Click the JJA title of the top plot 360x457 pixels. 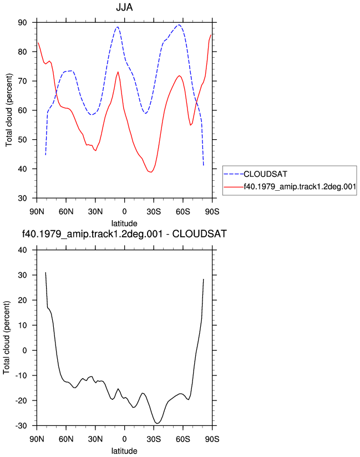tap(124, 7)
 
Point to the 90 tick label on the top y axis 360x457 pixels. tap(22, 22)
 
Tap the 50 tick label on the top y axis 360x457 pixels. tap(22, 140)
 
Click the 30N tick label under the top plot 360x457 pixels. tap(95, 212)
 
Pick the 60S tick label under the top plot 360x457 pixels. tap(182, 212)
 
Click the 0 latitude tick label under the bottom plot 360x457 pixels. tap(124, 439)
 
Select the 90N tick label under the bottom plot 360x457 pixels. tap(37, 439)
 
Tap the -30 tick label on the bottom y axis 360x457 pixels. tap(21, 426)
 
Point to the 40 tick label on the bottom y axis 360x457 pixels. tap(22, 250)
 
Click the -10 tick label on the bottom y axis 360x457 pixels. tap(21, 375)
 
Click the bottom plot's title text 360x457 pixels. tap(124, 234)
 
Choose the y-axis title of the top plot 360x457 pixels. tap(9, 110)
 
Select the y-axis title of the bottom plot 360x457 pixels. tap(7, 338)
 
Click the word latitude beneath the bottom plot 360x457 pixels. tap(124, 451)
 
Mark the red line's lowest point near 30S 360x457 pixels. tap(151, 172)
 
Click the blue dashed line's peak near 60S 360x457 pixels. tap(179, 25)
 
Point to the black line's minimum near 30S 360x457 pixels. tap(157, 423)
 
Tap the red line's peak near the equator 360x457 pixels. tap(118, 72)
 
